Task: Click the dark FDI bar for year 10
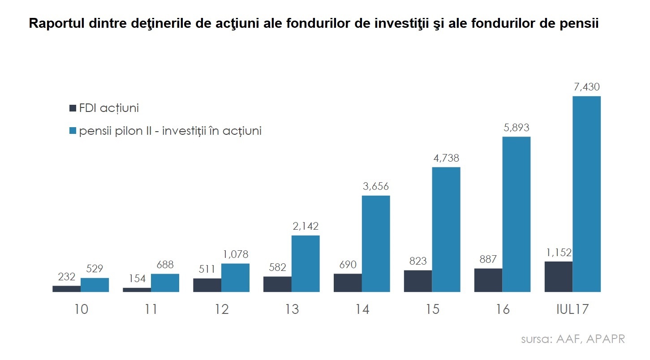point(66,289)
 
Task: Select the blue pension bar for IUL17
point(586,194)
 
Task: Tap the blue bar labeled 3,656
point(376,244)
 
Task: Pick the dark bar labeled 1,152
point(558,277)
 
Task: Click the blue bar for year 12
point(235,278)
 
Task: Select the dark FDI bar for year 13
point(277,284)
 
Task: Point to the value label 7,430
point(586,87)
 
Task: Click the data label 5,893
point(516,128)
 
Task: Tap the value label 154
point(137,279)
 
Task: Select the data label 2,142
point(305,226)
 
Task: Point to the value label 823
point(418,261)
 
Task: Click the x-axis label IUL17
point(572,309)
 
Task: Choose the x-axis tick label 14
point(362,309)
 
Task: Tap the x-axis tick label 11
point(151,309)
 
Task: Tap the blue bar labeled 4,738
point(446,229)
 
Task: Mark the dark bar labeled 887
point(488,280)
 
